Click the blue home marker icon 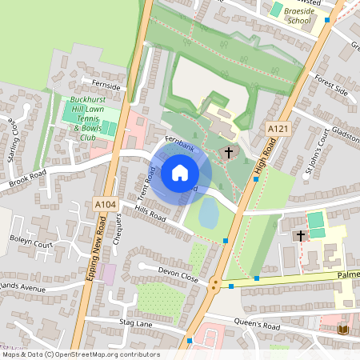point(179,172)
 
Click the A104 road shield point(105,205)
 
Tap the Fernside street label point(106,86)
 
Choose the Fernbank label point(180,139)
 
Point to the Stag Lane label point(135,322)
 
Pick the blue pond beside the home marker point(208,212)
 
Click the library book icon point(344,330)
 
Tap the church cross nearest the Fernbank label point(228,152)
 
